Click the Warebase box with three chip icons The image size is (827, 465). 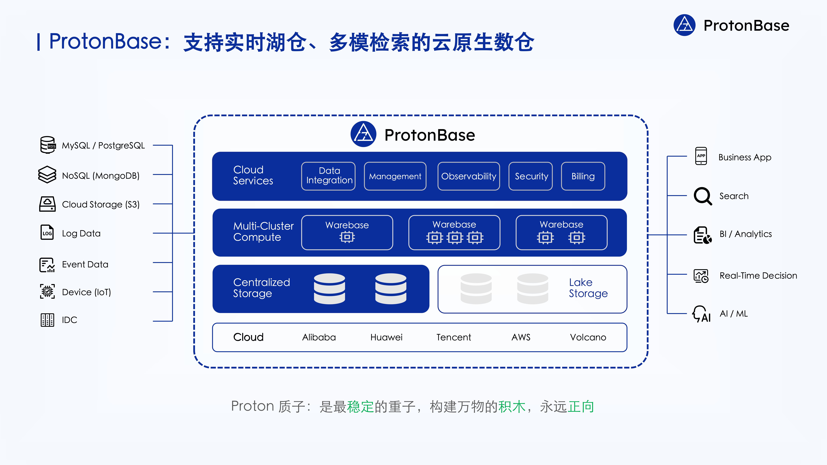454,232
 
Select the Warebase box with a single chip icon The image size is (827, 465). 347,232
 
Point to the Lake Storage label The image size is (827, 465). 588,288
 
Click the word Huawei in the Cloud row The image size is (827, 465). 386,337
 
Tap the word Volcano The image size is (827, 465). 588,337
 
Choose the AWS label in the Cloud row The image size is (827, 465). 521,337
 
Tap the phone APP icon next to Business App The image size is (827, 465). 701,156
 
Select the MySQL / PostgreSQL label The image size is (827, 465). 103,146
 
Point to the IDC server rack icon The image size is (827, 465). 47,320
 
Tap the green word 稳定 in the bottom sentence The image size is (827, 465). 360,407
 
